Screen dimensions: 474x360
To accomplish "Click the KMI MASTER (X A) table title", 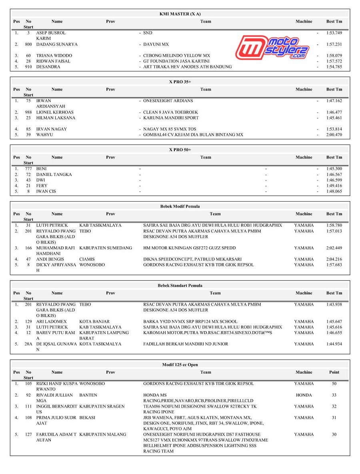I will pos(180,14).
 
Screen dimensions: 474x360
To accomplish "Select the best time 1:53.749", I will pos(334,33).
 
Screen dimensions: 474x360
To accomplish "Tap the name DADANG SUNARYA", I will pos(57,44).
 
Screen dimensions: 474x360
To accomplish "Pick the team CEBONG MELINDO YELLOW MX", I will pos(176,56).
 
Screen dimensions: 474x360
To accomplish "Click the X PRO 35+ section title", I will pos(180,82).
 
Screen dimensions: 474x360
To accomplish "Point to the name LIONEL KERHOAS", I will pos(55,112).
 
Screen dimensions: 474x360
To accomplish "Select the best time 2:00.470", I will pos(334,135).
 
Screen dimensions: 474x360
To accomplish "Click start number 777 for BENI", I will pos(28,169).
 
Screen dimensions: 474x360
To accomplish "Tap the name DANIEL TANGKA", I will pos(54,175).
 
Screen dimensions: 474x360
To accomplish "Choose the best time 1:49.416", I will pos(334,186).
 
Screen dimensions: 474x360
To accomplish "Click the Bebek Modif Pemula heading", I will pos(180,206).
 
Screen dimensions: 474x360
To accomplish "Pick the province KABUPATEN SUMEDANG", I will pos(106,248).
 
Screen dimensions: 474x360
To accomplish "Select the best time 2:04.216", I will pos(334,259).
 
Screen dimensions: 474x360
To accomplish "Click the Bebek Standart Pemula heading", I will pos(180,286).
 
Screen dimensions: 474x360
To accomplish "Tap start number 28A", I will pos(28,344).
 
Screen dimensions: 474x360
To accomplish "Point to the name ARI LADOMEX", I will pos(52,322).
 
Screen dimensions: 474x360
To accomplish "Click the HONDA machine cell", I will pos(304,395).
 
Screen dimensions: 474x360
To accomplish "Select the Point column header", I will pos(334,372).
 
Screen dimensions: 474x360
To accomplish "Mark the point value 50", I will pos(334,384).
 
